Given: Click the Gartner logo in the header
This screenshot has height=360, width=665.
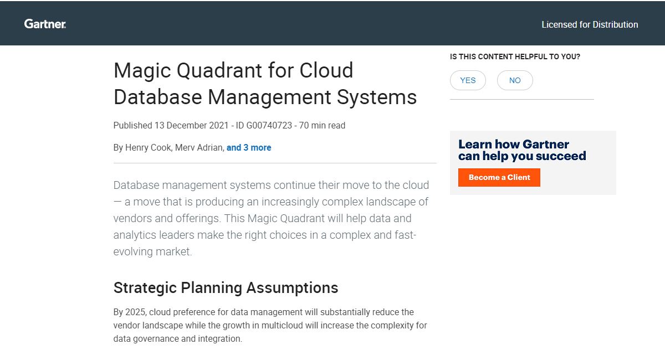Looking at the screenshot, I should [x=45, y=24].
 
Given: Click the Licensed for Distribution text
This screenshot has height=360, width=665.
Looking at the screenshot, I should [x=590, y=24].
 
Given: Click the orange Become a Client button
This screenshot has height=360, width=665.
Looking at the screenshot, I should [x=499, y=177].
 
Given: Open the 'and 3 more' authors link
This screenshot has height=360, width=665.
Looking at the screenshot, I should [x=249, y=148].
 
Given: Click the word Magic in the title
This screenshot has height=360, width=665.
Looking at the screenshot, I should [x=141, y=71].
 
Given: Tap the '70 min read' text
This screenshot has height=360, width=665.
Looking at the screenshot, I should [x=322, y=126].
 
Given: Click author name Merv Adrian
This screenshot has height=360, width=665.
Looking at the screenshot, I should [x=199, y=148].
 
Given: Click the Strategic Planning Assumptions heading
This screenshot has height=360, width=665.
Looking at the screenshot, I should [x=226, y=288].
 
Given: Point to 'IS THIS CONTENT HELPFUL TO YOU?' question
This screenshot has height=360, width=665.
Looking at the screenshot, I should [x=515, y=56].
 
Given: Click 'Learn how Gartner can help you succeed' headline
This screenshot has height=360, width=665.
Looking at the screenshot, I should [x=521, y=150].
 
